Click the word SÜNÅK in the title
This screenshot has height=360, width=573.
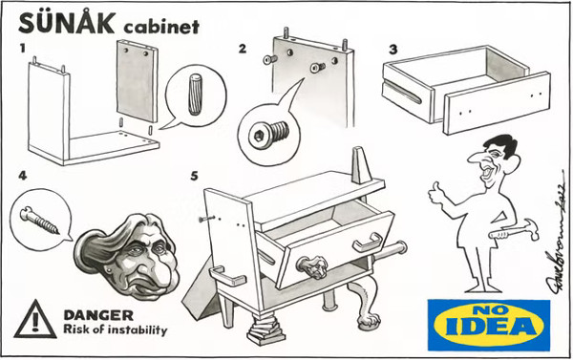(x=66, y=22)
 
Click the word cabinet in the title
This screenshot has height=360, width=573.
(x=161, y=27)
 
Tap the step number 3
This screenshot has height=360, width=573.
(x=393, y=49)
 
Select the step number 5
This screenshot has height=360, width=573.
(x=194, y=176)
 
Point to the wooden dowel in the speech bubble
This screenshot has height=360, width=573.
(x=195, y=95)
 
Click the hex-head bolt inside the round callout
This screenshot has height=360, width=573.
(x=268, y=134)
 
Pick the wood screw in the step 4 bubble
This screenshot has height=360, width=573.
(x=39, y=220)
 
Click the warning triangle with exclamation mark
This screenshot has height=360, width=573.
(x=35, y=320)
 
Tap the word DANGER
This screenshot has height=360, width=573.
(x=98, y=315)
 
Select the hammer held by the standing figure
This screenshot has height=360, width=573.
(x=514, y=231)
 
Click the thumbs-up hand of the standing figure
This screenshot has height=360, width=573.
(x=437, y=192)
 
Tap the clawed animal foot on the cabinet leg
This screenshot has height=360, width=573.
(x=369, y=321)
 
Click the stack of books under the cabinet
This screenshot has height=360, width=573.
(x=263, y=328)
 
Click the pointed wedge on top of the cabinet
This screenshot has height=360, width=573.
(x=360, y=165)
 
